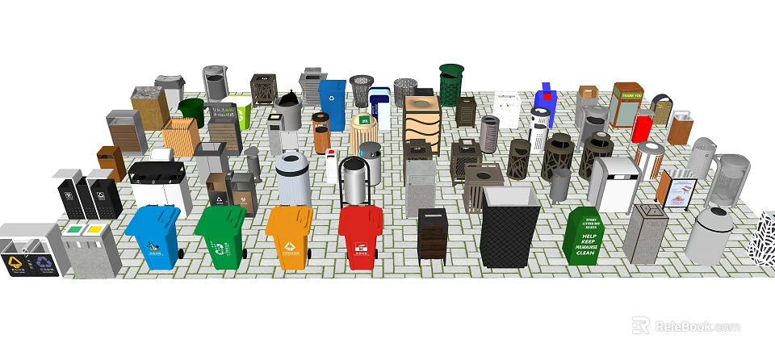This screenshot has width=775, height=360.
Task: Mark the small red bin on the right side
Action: [x=642, y=128]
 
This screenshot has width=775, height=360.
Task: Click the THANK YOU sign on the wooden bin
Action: [x=627, y=95]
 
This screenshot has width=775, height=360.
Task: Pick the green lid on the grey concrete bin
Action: [x=74, y=229]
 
